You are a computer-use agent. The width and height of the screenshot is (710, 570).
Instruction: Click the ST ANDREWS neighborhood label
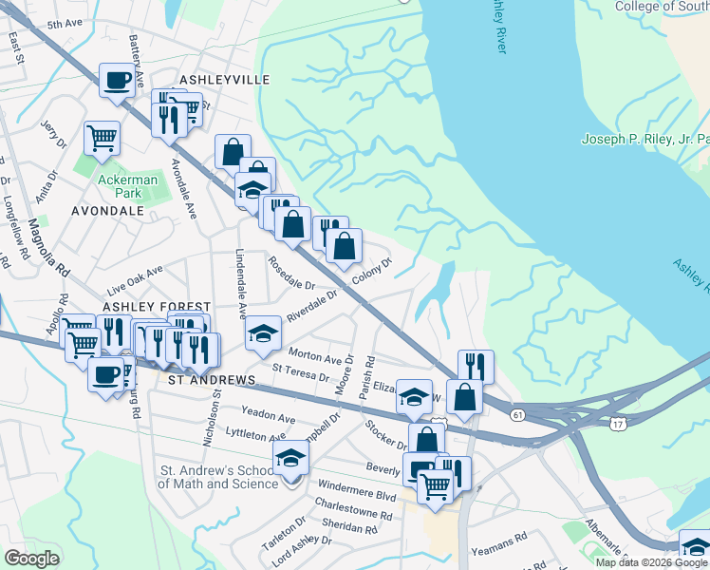(x=212, y=380)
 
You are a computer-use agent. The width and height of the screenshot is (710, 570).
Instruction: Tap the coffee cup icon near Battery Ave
(x=118, y=81)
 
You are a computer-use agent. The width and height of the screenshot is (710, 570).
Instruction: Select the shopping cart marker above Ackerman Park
(x=102, y=137)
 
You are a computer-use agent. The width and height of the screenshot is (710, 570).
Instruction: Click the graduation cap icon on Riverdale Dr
(x=264, y=333)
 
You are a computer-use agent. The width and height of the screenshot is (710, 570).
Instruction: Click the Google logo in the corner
(x=31, y=559)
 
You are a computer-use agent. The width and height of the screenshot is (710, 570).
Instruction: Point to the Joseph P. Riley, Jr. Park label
(x=645, y=140)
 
